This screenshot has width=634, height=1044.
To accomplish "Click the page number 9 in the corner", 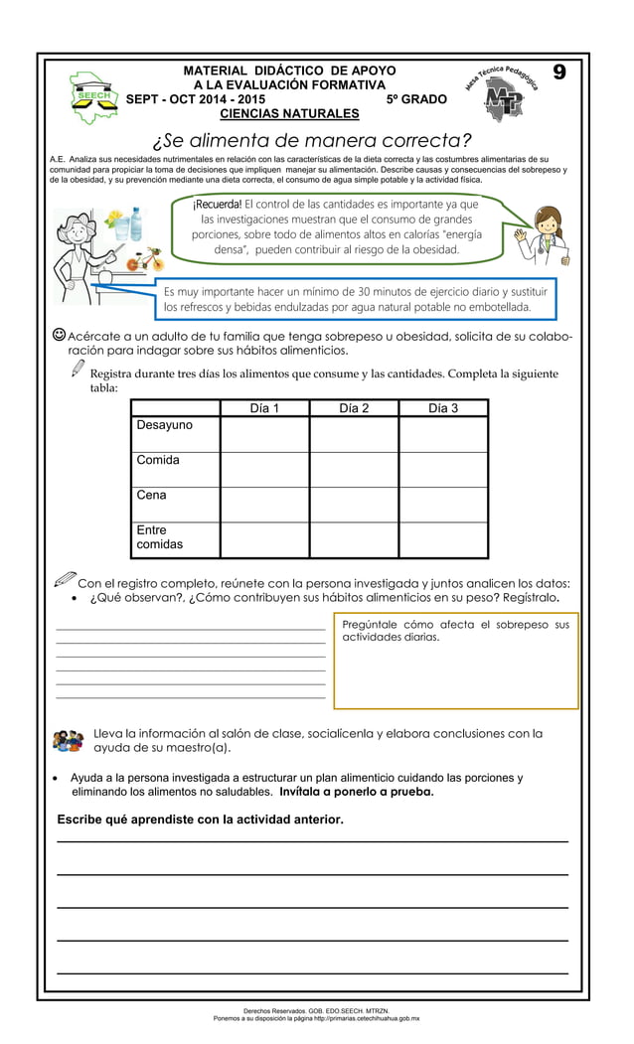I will [559, 74].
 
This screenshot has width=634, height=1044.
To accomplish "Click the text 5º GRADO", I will [416, 99].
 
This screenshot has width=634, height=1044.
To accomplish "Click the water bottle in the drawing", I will [136, 223].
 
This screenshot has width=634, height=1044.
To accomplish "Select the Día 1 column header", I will [264, 408].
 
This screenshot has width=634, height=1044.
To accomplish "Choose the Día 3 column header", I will [443, 408].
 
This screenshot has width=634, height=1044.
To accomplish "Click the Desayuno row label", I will [165, 425].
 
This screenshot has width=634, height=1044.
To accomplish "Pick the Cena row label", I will [152, 495].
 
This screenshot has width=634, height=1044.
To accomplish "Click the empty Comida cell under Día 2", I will [354, 469].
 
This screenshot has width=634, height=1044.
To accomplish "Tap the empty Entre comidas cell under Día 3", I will [443, 539].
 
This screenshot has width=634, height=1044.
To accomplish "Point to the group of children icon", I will [68, 741].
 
